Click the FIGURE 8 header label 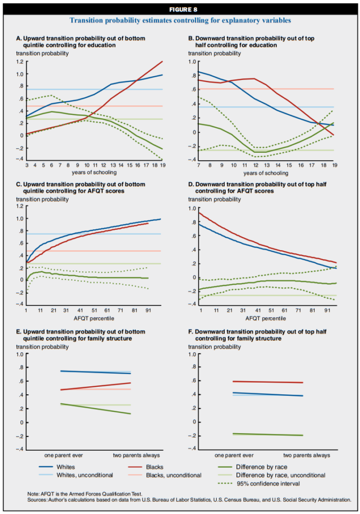click(179, 9)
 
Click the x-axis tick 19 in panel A click(161, 166)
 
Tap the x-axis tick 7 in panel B click(198, 166)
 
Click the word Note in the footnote click(34, 494)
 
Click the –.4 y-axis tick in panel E click(20, 450)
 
